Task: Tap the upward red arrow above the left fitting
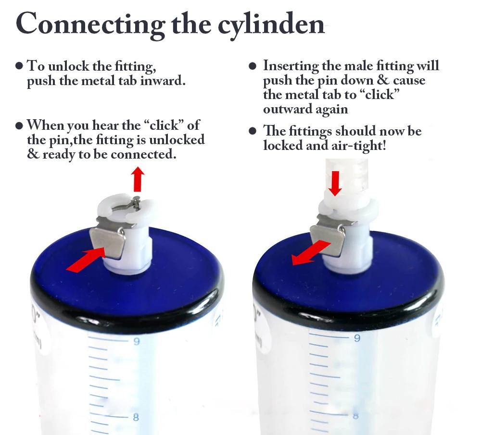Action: pyautogui.click(x=138, y=179)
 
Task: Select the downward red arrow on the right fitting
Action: pyautogui.click(x=335, y=183)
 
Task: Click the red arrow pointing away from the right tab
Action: pyautogui.click(x=311, y=253)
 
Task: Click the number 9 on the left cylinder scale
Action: pyautogui.click(x=137, y=341)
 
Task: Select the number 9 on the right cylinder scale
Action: pyautogui.click(x=357, y=338)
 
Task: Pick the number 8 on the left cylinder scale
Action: pyautogui.click(x=136, y=417)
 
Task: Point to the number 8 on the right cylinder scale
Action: pyautogui.click(x=356, y=416)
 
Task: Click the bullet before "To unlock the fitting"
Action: pyautogui.click(x=19, y=66)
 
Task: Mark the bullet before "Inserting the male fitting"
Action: pyautogui.click(x=253, y=66)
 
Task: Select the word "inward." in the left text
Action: pyautogui.click(x=163, y=81)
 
